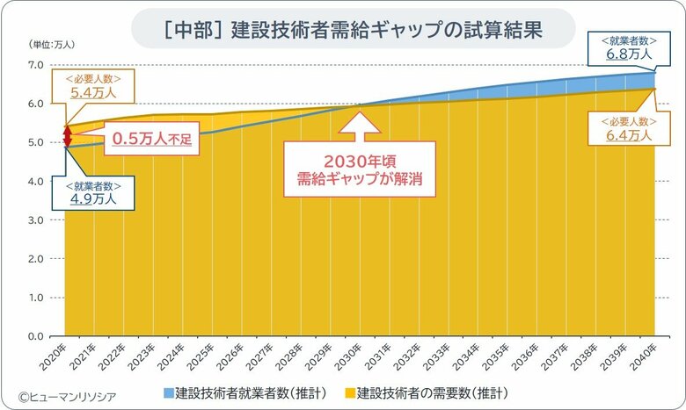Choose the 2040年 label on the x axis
(646, 355)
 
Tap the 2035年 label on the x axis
(498, 355)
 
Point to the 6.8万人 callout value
(629, 54)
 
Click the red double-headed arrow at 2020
(65, 137)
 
